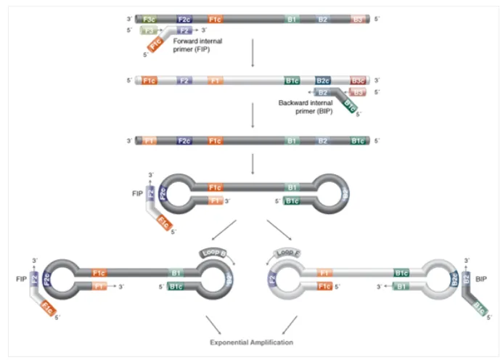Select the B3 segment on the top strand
pyautogui.click(x=358, y=18)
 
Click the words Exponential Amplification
pyautogui.click(x=252, y=341)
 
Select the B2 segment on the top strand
pyautogui.click(x=323, y=18)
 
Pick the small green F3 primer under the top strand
pyautogui.click(x=150, y=30)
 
